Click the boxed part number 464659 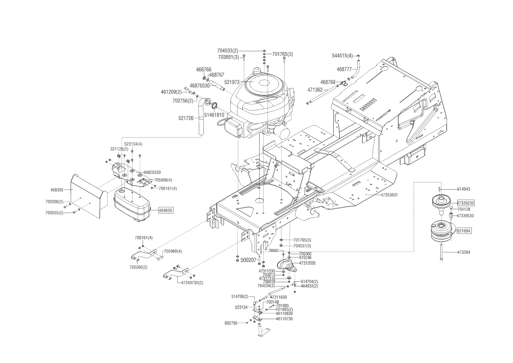pos(166,210)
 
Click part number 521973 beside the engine pos(232,82)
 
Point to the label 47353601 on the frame pos(389,195)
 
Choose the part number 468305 pos(57,190)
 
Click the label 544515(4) pos(342,56)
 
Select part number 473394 pos(464,252)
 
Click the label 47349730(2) pos(192,283)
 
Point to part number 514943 pos(464,189)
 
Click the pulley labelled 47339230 pos(442,202)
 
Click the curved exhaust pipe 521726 pos(200,117)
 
